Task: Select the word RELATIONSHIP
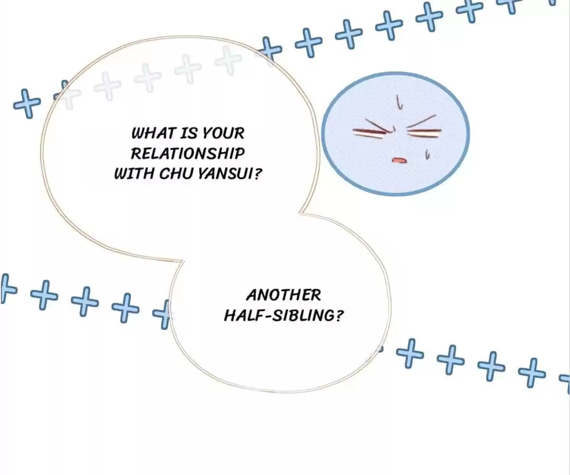(x=187, y=153)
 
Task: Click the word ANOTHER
(x=283, y=294)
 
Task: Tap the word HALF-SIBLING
(x=279, y=315)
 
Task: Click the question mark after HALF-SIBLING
(x=338, y=315)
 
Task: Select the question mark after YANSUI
(x=257, y=173)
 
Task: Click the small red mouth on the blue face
(x=399, y=160)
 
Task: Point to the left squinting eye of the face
(x=374, y=130)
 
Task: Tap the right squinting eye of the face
(x=423, y=129)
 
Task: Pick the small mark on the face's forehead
(x=400, y=102)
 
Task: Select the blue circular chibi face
(x=395, y=133)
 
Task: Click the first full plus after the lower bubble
(x=410, y=353)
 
